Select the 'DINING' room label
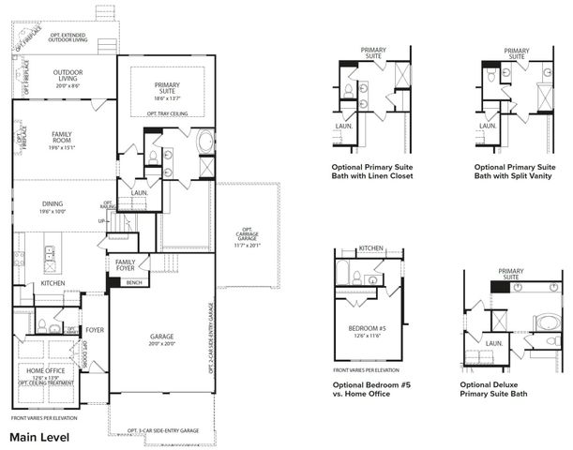(x=53, y=206)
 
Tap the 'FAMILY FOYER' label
(x=126, y=265)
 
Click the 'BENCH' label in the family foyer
(x=134, y=281)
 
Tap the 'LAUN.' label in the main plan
(x=140, y=193)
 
